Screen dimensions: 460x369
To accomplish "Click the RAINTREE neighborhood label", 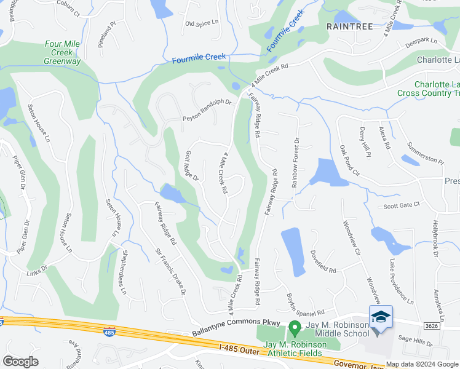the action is [x=351, y=27].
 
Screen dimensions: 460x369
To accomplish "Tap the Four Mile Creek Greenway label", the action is [x=63, y=53].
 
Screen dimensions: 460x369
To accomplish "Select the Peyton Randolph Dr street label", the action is [x=206, y=111].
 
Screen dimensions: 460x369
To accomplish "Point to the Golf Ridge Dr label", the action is [x=192, y=166].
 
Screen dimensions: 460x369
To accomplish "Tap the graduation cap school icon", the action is [x=381, y=317].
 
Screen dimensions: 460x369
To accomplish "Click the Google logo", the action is [x=21, y=361].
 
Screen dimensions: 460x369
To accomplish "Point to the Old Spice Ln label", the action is [x=202, y=23].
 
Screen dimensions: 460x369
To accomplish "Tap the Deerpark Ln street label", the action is [x=420, y=44].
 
